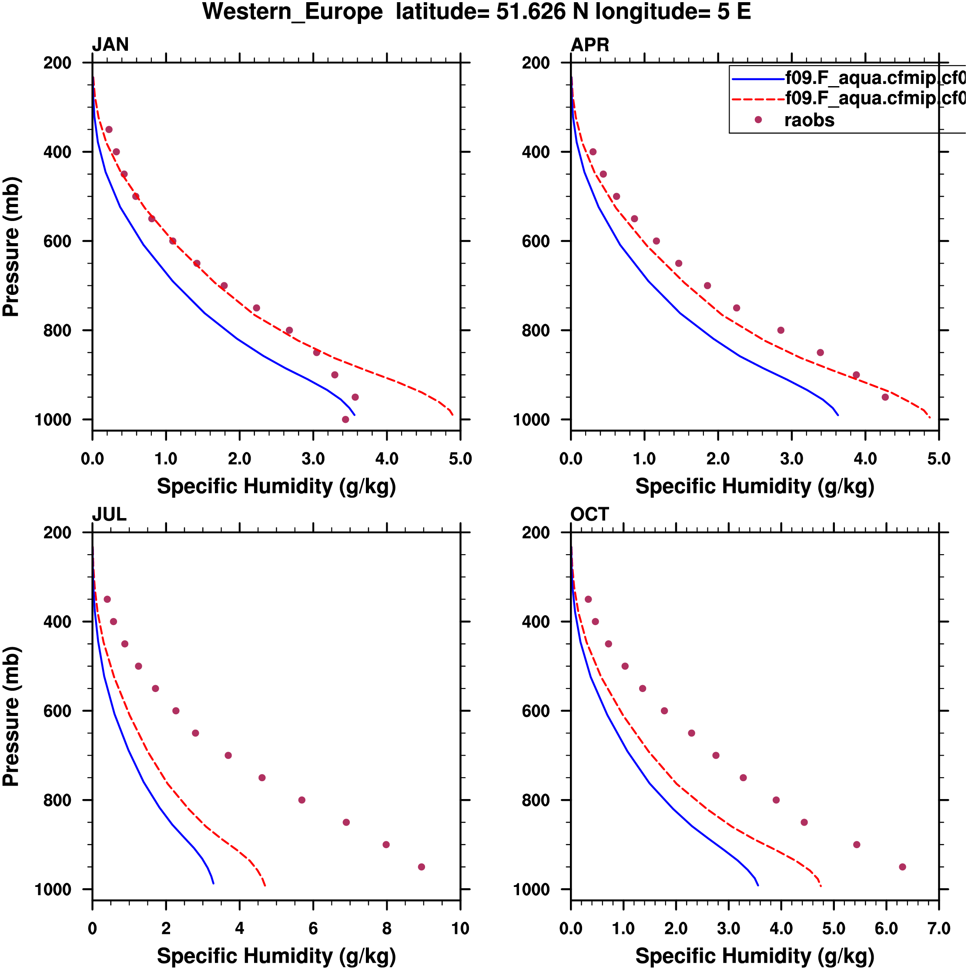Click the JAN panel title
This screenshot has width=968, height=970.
click(x=110, y=45)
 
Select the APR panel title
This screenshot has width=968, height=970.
click(x=590, y=45)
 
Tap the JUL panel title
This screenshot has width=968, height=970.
click(x=109, y=514)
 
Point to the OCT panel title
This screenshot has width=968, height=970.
click(x=590, y=514)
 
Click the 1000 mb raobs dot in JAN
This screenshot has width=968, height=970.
click(x=345, y=419)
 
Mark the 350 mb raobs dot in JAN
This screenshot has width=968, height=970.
click(x=108, y=130)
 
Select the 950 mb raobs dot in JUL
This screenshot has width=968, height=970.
click(x=421, y=867)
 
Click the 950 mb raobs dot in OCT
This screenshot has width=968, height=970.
click(x=902, y=867)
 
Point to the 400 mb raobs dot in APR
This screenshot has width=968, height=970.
click(x=593, y=152)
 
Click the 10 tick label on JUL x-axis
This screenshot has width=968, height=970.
click(x=460, y=928)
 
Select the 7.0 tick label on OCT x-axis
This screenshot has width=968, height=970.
click(x=938, y=928)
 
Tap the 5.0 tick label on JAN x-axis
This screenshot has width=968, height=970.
click(x=460, y=458)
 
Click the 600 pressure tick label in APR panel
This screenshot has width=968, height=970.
click(x=536, y=241)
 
